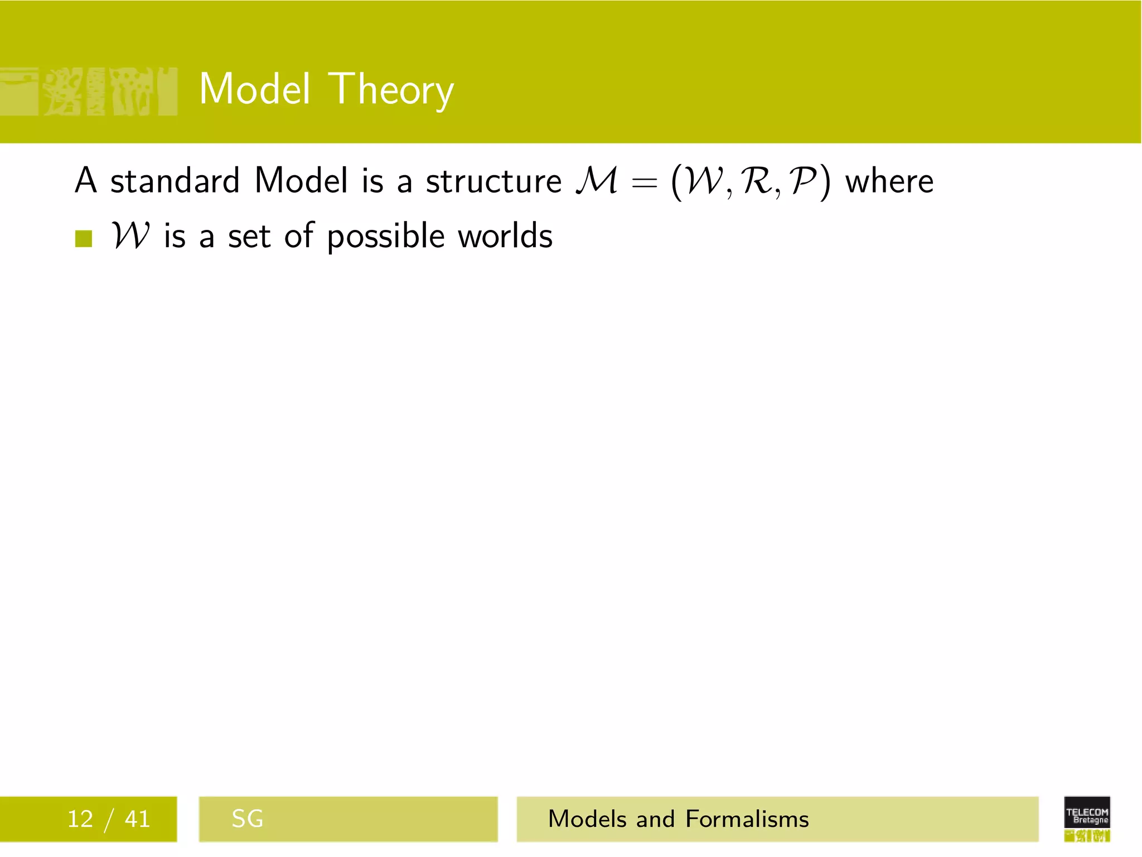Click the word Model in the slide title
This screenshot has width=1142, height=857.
tap(254, 89)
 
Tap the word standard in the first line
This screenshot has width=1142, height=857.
tap(175, 181)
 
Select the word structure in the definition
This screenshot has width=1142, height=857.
tap(493, 181)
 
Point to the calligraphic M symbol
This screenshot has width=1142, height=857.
tap(597, 181)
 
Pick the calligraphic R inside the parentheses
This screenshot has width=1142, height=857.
tap(757, 181)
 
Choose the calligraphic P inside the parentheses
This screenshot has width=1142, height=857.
tap(804, 181)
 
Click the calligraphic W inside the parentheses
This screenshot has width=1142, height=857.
tap(704, 181)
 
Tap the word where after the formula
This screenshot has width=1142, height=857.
tap(889, 181)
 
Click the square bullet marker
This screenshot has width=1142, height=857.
tap(84, 238)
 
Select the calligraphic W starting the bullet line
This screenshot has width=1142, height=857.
tap(130, 235)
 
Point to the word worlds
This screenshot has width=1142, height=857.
tap(505, 235)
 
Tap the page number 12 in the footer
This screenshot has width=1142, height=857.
tap(80, 819)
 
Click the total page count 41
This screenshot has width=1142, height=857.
tap(137, 819)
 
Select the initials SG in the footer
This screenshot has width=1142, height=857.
tap(247, 819)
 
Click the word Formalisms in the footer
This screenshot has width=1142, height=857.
tap(747, 819)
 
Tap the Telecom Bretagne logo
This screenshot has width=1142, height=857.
tap(1087, 819)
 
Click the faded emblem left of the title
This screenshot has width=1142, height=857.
tap(88, 91)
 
